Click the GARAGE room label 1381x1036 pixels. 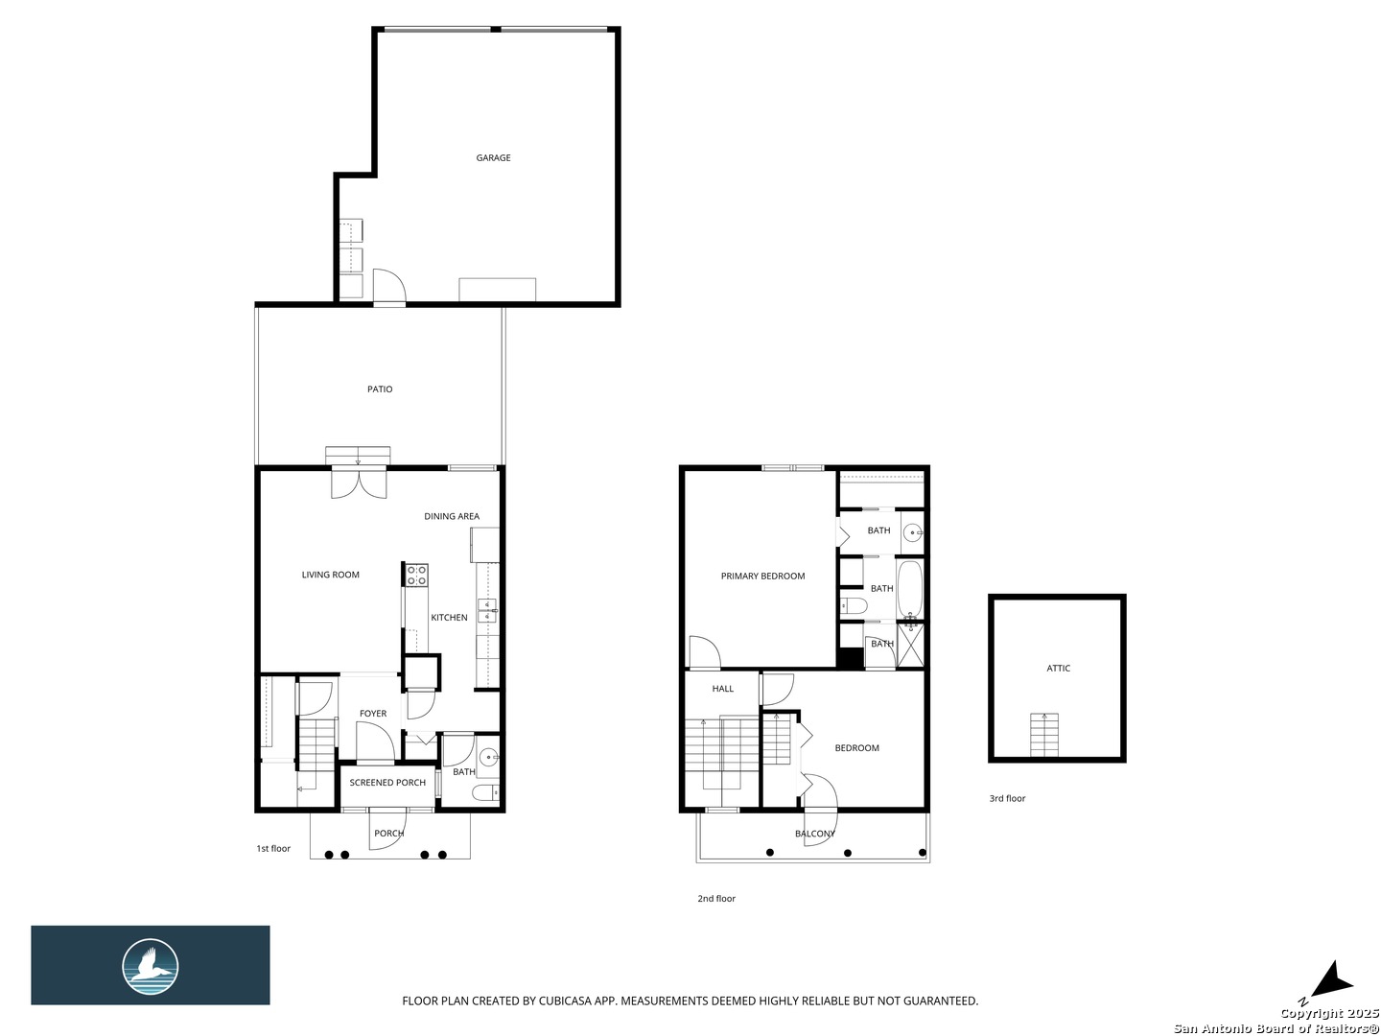click(x=493, y=157)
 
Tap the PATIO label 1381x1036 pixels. click(x=380, y=388)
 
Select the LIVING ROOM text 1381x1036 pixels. click(x=330, y=575)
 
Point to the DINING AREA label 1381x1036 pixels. click(x=451, y=516)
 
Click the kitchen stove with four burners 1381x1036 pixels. click(x=416, y=575)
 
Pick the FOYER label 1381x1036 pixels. click(x=372, y=713)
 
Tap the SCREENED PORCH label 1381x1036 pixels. click(x=386, y=782)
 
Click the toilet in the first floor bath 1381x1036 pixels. click(x=485, y=792)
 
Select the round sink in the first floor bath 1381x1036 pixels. click(x=488, y=755)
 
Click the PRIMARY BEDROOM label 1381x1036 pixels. click(x=762, y=576)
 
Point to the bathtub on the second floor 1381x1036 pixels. click(x=909, y=588)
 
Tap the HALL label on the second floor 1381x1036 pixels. click(x=722, y=688)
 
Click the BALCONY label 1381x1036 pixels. click(x=815, y=834)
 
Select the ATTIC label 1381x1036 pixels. click(x=1058, y=668)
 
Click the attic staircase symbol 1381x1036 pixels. click(x=1043, y=734)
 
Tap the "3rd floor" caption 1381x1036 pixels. click(x=1007, y=798)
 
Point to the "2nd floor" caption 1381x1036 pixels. click(x=716, y=898)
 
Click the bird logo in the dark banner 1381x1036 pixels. click(x=150, y=966)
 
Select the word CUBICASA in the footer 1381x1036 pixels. click(x=564, y=1001)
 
